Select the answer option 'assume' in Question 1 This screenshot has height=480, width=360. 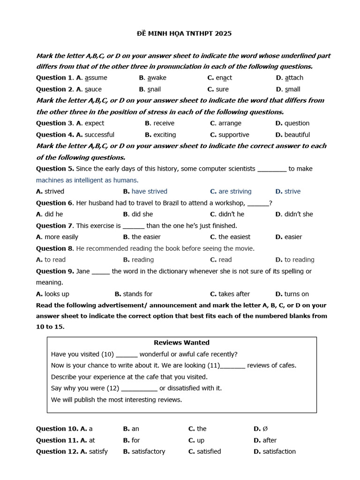coord(96,78)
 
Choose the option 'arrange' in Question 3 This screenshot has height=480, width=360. coord(230,123)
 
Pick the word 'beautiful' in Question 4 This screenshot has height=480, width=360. coord(297,135)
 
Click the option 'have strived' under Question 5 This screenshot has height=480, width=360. coord(149,191)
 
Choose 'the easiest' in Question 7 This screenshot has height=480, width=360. coord(234,237)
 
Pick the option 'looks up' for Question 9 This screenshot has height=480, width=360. coord(57,294)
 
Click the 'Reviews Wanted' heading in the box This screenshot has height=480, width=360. coord(181,343)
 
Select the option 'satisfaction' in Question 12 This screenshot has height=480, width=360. coord(279,451)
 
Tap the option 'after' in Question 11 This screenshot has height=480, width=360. coord(270,440)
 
